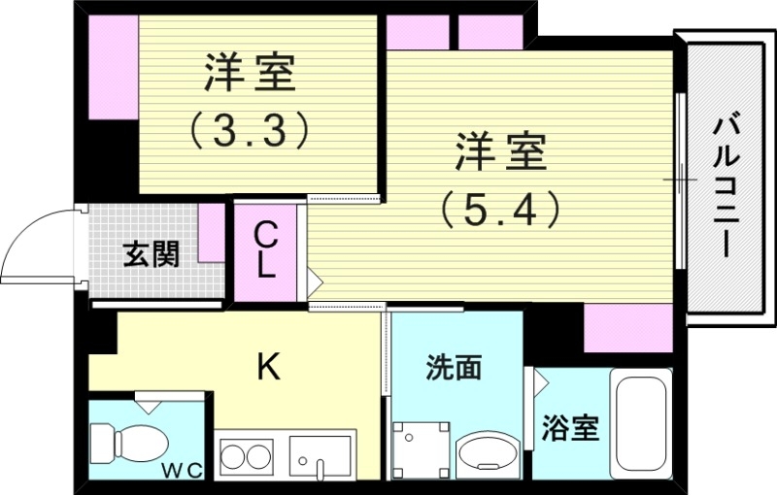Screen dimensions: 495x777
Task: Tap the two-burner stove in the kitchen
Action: point(246,455)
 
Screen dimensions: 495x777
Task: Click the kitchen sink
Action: point(320,455)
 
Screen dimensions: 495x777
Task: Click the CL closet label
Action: point(265,250)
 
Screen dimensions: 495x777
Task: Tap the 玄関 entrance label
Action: point(151,254)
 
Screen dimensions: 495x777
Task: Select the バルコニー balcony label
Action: point(724,185)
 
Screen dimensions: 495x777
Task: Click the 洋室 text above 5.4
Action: point(501,153)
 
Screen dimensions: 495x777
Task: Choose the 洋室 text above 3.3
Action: point(249,74)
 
